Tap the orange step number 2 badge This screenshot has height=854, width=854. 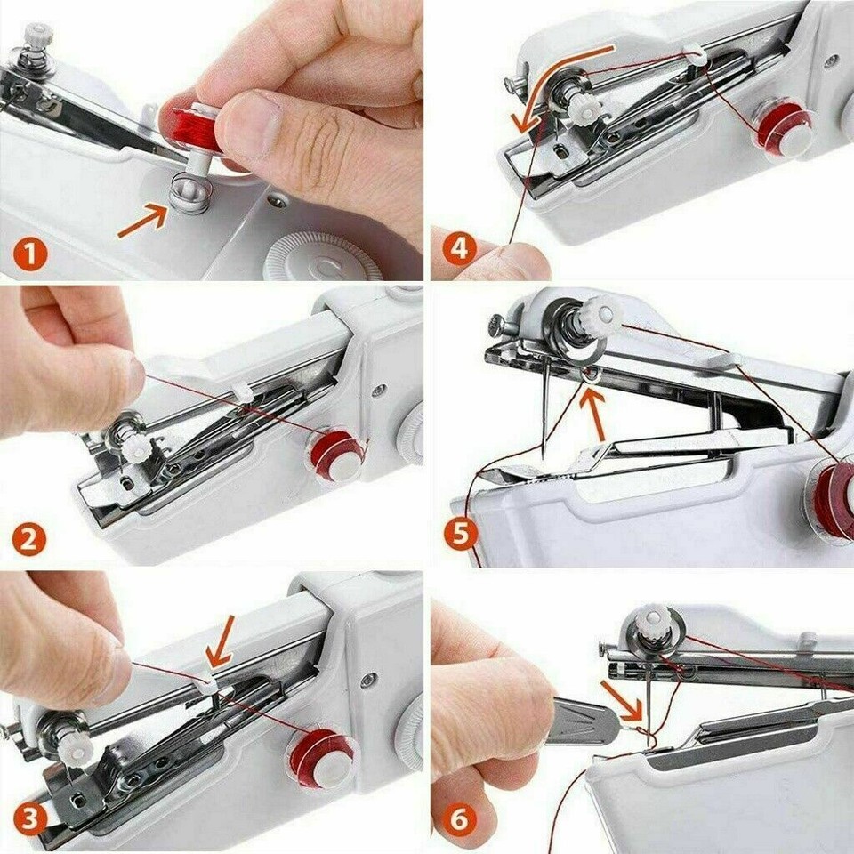click(28, 540)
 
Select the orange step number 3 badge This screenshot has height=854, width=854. click(30, 819)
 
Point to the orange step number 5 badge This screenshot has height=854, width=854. click(460, 534)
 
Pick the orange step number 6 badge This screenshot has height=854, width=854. click(459, 819)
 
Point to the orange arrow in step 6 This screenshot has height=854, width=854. click(621, 699)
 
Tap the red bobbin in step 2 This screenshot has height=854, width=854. click(337, 455)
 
